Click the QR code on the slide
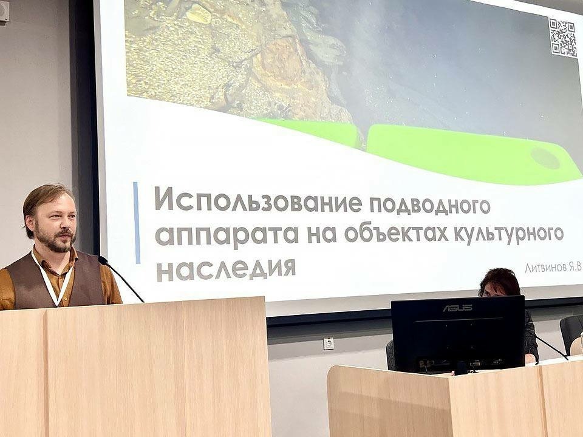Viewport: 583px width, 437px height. (564, 38)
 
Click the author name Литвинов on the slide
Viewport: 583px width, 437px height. (546, 268)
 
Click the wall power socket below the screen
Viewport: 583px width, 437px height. (329, 344)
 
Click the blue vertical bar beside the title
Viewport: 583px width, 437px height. (137, 223)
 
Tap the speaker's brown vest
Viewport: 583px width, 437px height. (56, 280)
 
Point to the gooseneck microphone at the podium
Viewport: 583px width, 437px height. (120, 278)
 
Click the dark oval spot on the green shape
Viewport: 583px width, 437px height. (545, 158)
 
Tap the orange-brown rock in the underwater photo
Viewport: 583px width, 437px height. (281, 59)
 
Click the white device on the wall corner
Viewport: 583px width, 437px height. (4, 10)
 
